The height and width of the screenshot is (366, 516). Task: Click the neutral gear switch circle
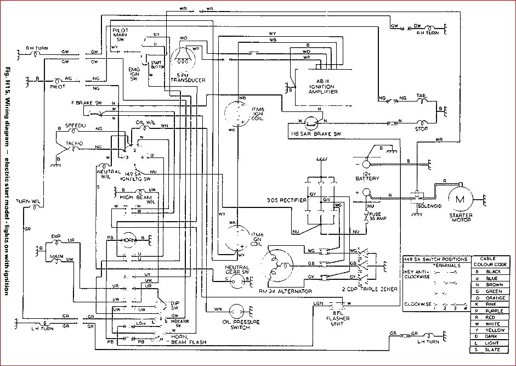pos(237,281)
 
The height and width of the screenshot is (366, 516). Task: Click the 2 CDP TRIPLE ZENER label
pos(370,288)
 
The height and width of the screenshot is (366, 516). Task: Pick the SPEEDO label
pos(76,126)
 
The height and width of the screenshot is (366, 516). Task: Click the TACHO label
pos(74,143)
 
